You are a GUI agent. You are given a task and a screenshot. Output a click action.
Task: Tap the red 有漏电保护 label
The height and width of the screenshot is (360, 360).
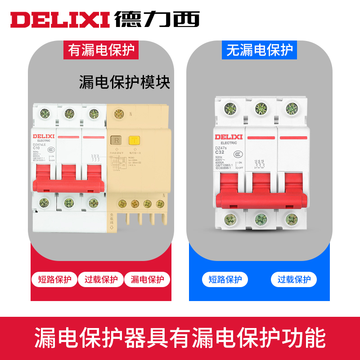click(101, 49)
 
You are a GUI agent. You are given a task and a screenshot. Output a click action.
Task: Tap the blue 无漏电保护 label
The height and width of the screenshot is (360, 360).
click(259, 49)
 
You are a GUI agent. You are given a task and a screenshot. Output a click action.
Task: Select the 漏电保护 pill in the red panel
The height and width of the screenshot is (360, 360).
click(147, 279)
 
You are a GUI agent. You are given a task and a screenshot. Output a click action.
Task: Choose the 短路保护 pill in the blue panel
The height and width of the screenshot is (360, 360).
click(225, 279)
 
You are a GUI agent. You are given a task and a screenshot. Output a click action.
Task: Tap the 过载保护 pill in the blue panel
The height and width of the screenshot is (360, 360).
click(294, 279)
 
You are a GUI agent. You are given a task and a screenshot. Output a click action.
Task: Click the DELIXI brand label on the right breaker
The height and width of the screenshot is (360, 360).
click(229, 137)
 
